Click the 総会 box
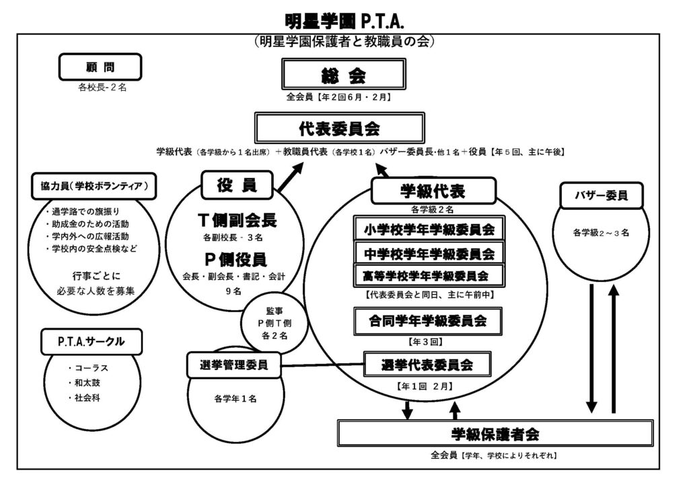pyautogui.click(x=344, y=75)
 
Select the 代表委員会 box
pyautogui.click(x=340, y=127)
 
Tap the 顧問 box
pyautogui.click(x=100, y=67)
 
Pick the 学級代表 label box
pyautogui.click(x=433, y=191)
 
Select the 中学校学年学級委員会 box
pyautogui.click(x=429, y=254)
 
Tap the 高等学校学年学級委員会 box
pyautogui.click(x=429, y=275)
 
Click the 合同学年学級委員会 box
pyautogui.click(x=429, y=320)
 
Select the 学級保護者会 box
pyautogui.click(x=495, y=433)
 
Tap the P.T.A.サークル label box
pyautogui.click(x=92, y=341)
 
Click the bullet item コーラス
pyautogui.click(x=92, y=368)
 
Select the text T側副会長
pyautogui.click(x=238, y=220)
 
